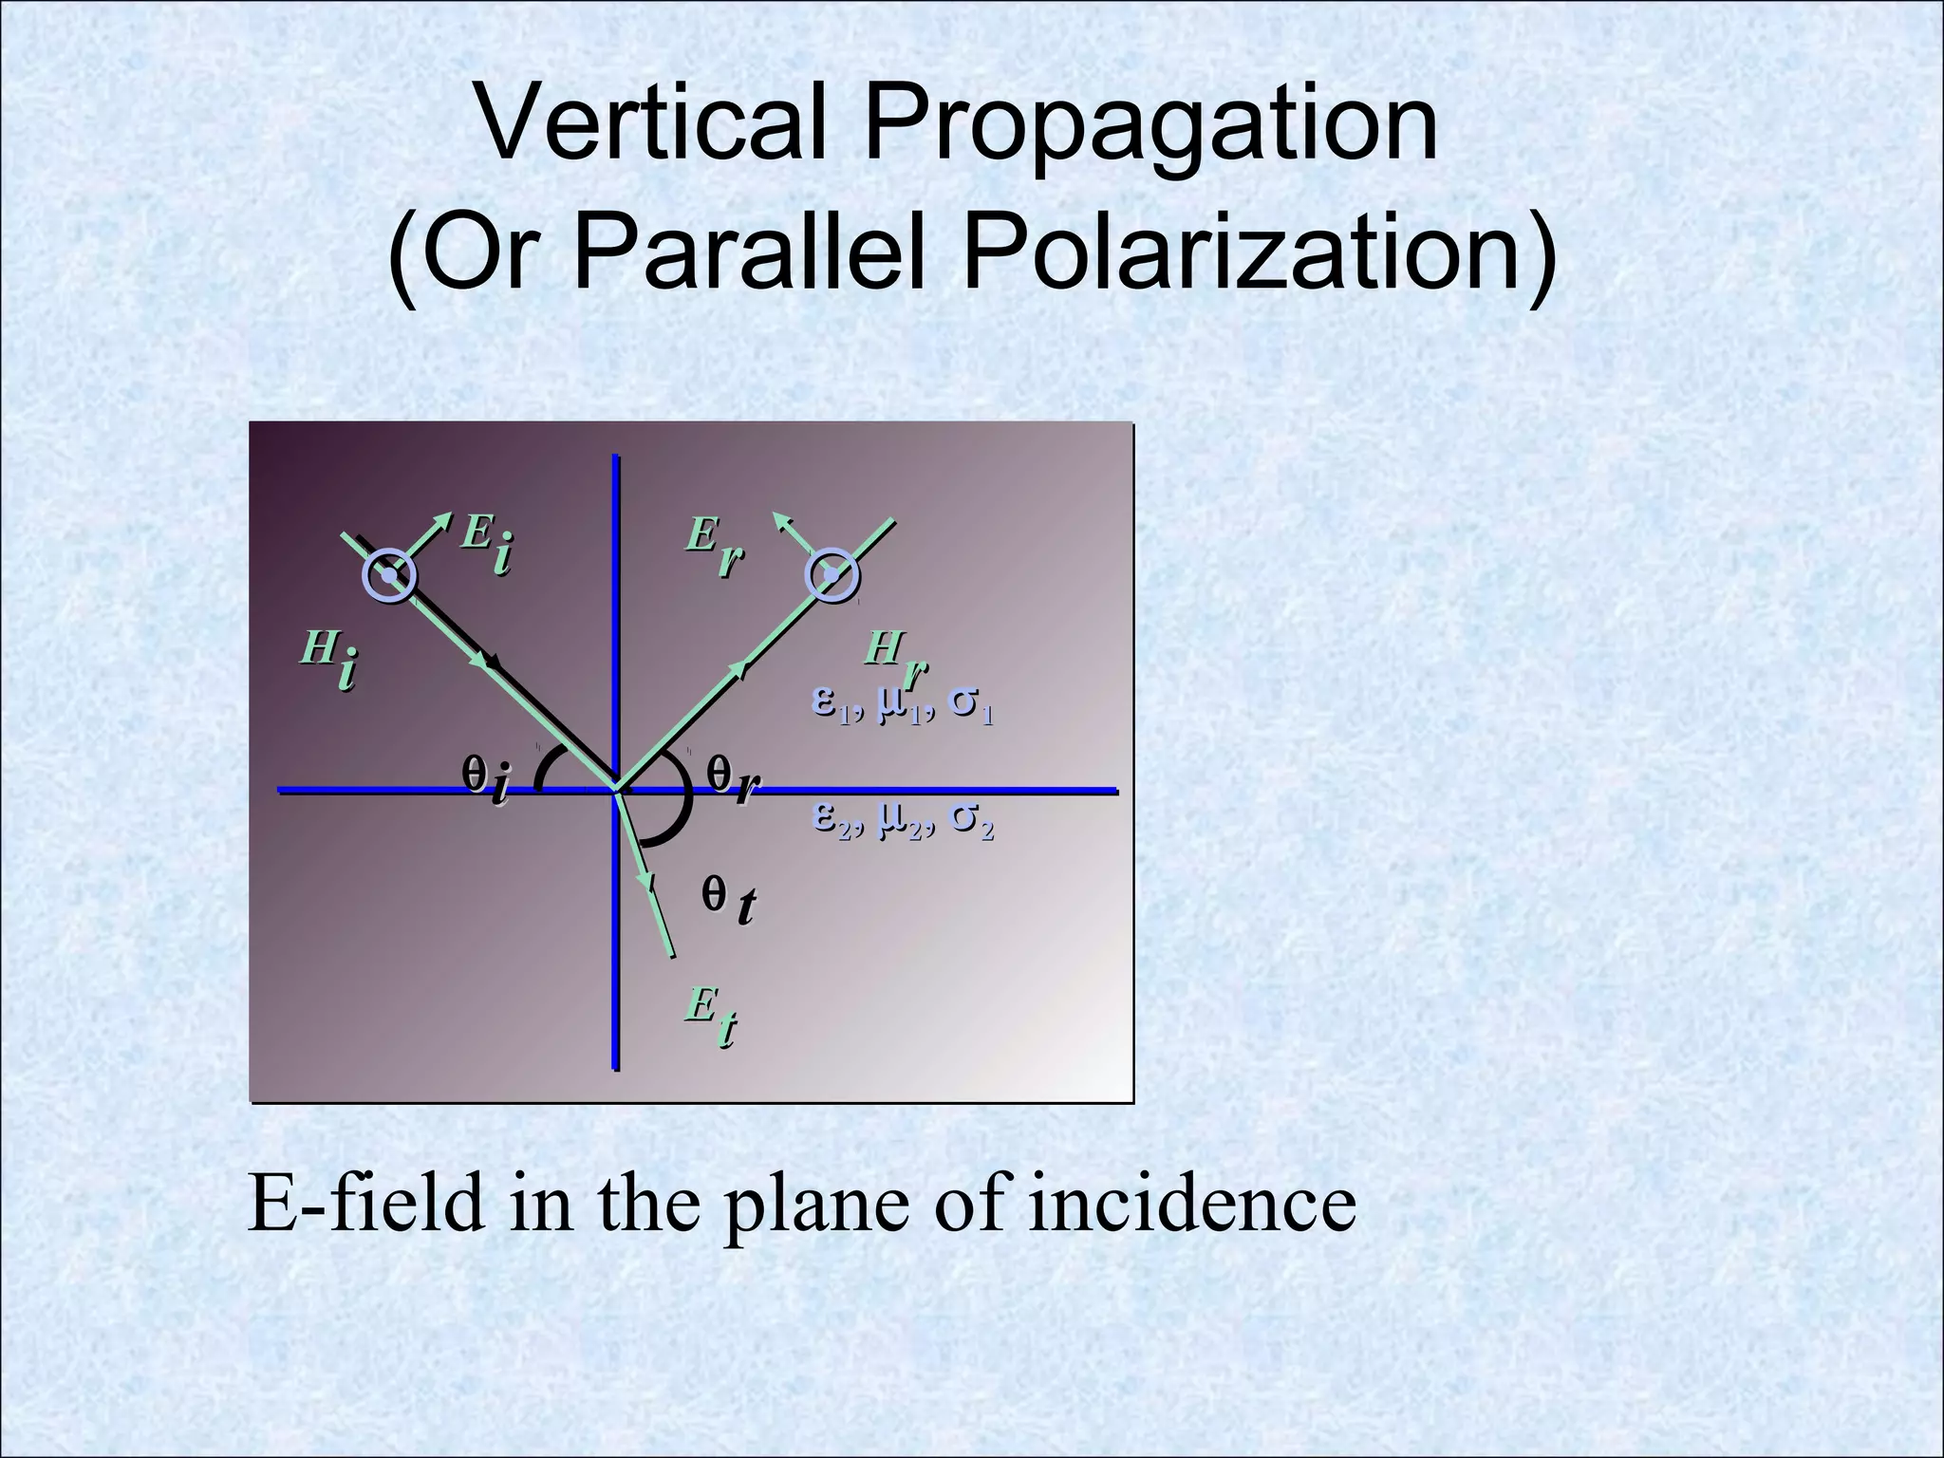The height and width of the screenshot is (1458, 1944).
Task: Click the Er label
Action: click(x=714, y=548)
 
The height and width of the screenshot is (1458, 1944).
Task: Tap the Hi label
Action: click(x=328, y=660)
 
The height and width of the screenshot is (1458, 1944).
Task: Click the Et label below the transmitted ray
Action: click(x=711, y=1016)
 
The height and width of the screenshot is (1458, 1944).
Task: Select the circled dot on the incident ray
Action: click(x=389, y=575)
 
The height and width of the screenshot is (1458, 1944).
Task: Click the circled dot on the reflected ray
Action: click(x=832, y=575)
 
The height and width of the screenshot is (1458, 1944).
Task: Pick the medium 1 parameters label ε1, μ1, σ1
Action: click(x=903, y=707)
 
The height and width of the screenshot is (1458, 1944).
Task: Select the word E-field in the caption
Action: click(x=364, y=1204)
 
